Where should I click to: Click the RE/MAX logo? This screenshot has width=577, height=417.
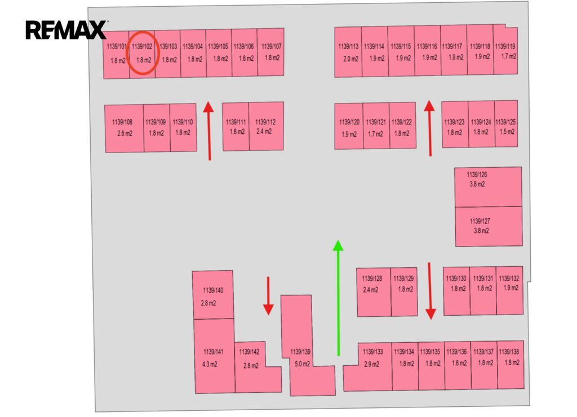(66, 30)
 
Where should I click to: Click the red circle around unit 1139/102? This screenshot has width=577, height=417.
(127, 53)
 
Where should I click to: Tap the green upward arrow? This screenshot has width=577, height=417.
(338, 298)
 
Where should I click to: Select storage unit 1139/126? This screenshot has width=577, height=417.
(488, 187)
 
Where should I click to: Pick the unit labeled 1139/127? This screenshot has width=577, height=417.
(489, 226)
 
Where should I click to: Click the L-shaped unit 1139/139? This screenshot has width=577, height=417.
(303, 358)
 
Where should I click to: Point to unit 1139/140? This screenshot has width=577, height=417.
(212, 295)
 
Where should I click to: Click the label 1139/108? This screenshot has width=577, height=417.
(122, 122)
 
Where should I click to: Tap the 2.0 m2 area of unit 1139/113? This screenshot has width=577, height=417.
(350, 59)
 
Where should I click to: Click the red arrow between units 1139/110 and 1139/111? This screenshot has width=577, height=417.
(208, 131)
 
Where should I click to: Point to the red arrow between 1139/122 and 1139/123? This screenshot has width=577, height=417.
(429, 128)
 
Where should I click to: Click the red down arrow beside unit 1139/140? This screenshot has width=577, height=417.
(268, 296)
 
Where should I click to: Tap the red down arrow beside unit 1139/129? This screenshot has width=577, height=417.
(430, 290)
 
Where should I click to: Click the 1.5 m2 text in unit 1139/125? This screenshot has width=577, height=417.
(507, 132)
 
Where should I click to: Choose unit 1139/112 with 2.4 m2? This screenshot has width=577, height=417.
(266, 126)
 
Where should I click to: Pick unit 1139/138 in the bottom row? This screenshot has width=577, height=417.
(511, 365)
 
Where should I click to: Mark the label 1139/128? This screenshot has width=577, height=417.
(372, 279)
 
